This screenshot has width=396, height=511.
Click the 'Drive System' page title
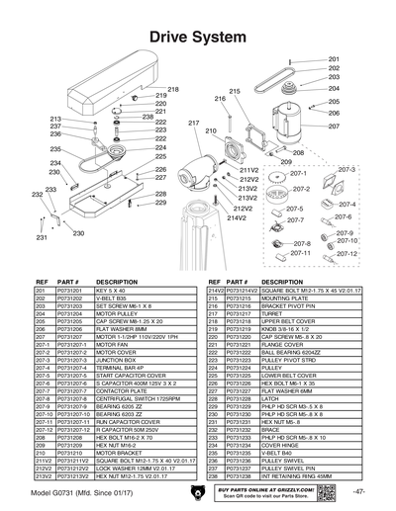tap(198, 36)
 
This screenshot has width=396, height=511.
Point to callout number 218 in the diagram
tap(173, 90)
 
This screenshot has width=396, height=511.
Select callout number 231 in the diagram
tap(42, 238)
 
